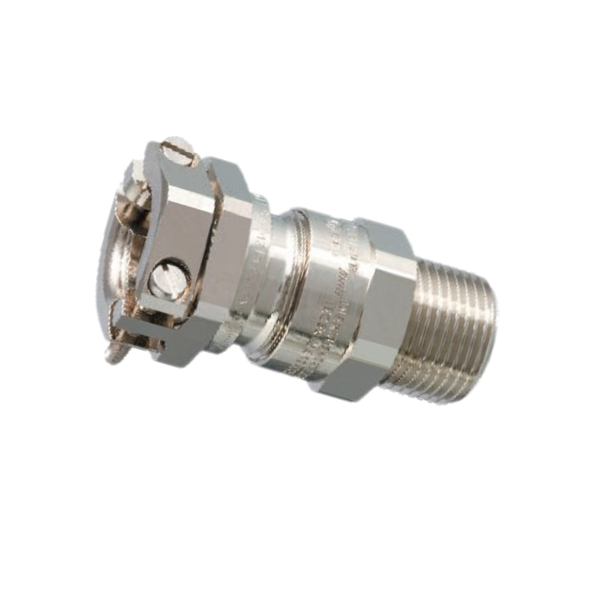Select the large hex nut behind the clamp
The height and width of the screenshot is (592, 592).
tap(228, 254)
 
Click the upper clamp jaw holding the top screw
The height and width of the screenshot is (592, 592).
tap(173, 169)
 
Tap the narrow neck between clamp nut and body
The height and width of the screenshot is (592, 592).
tap(267, 271)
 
